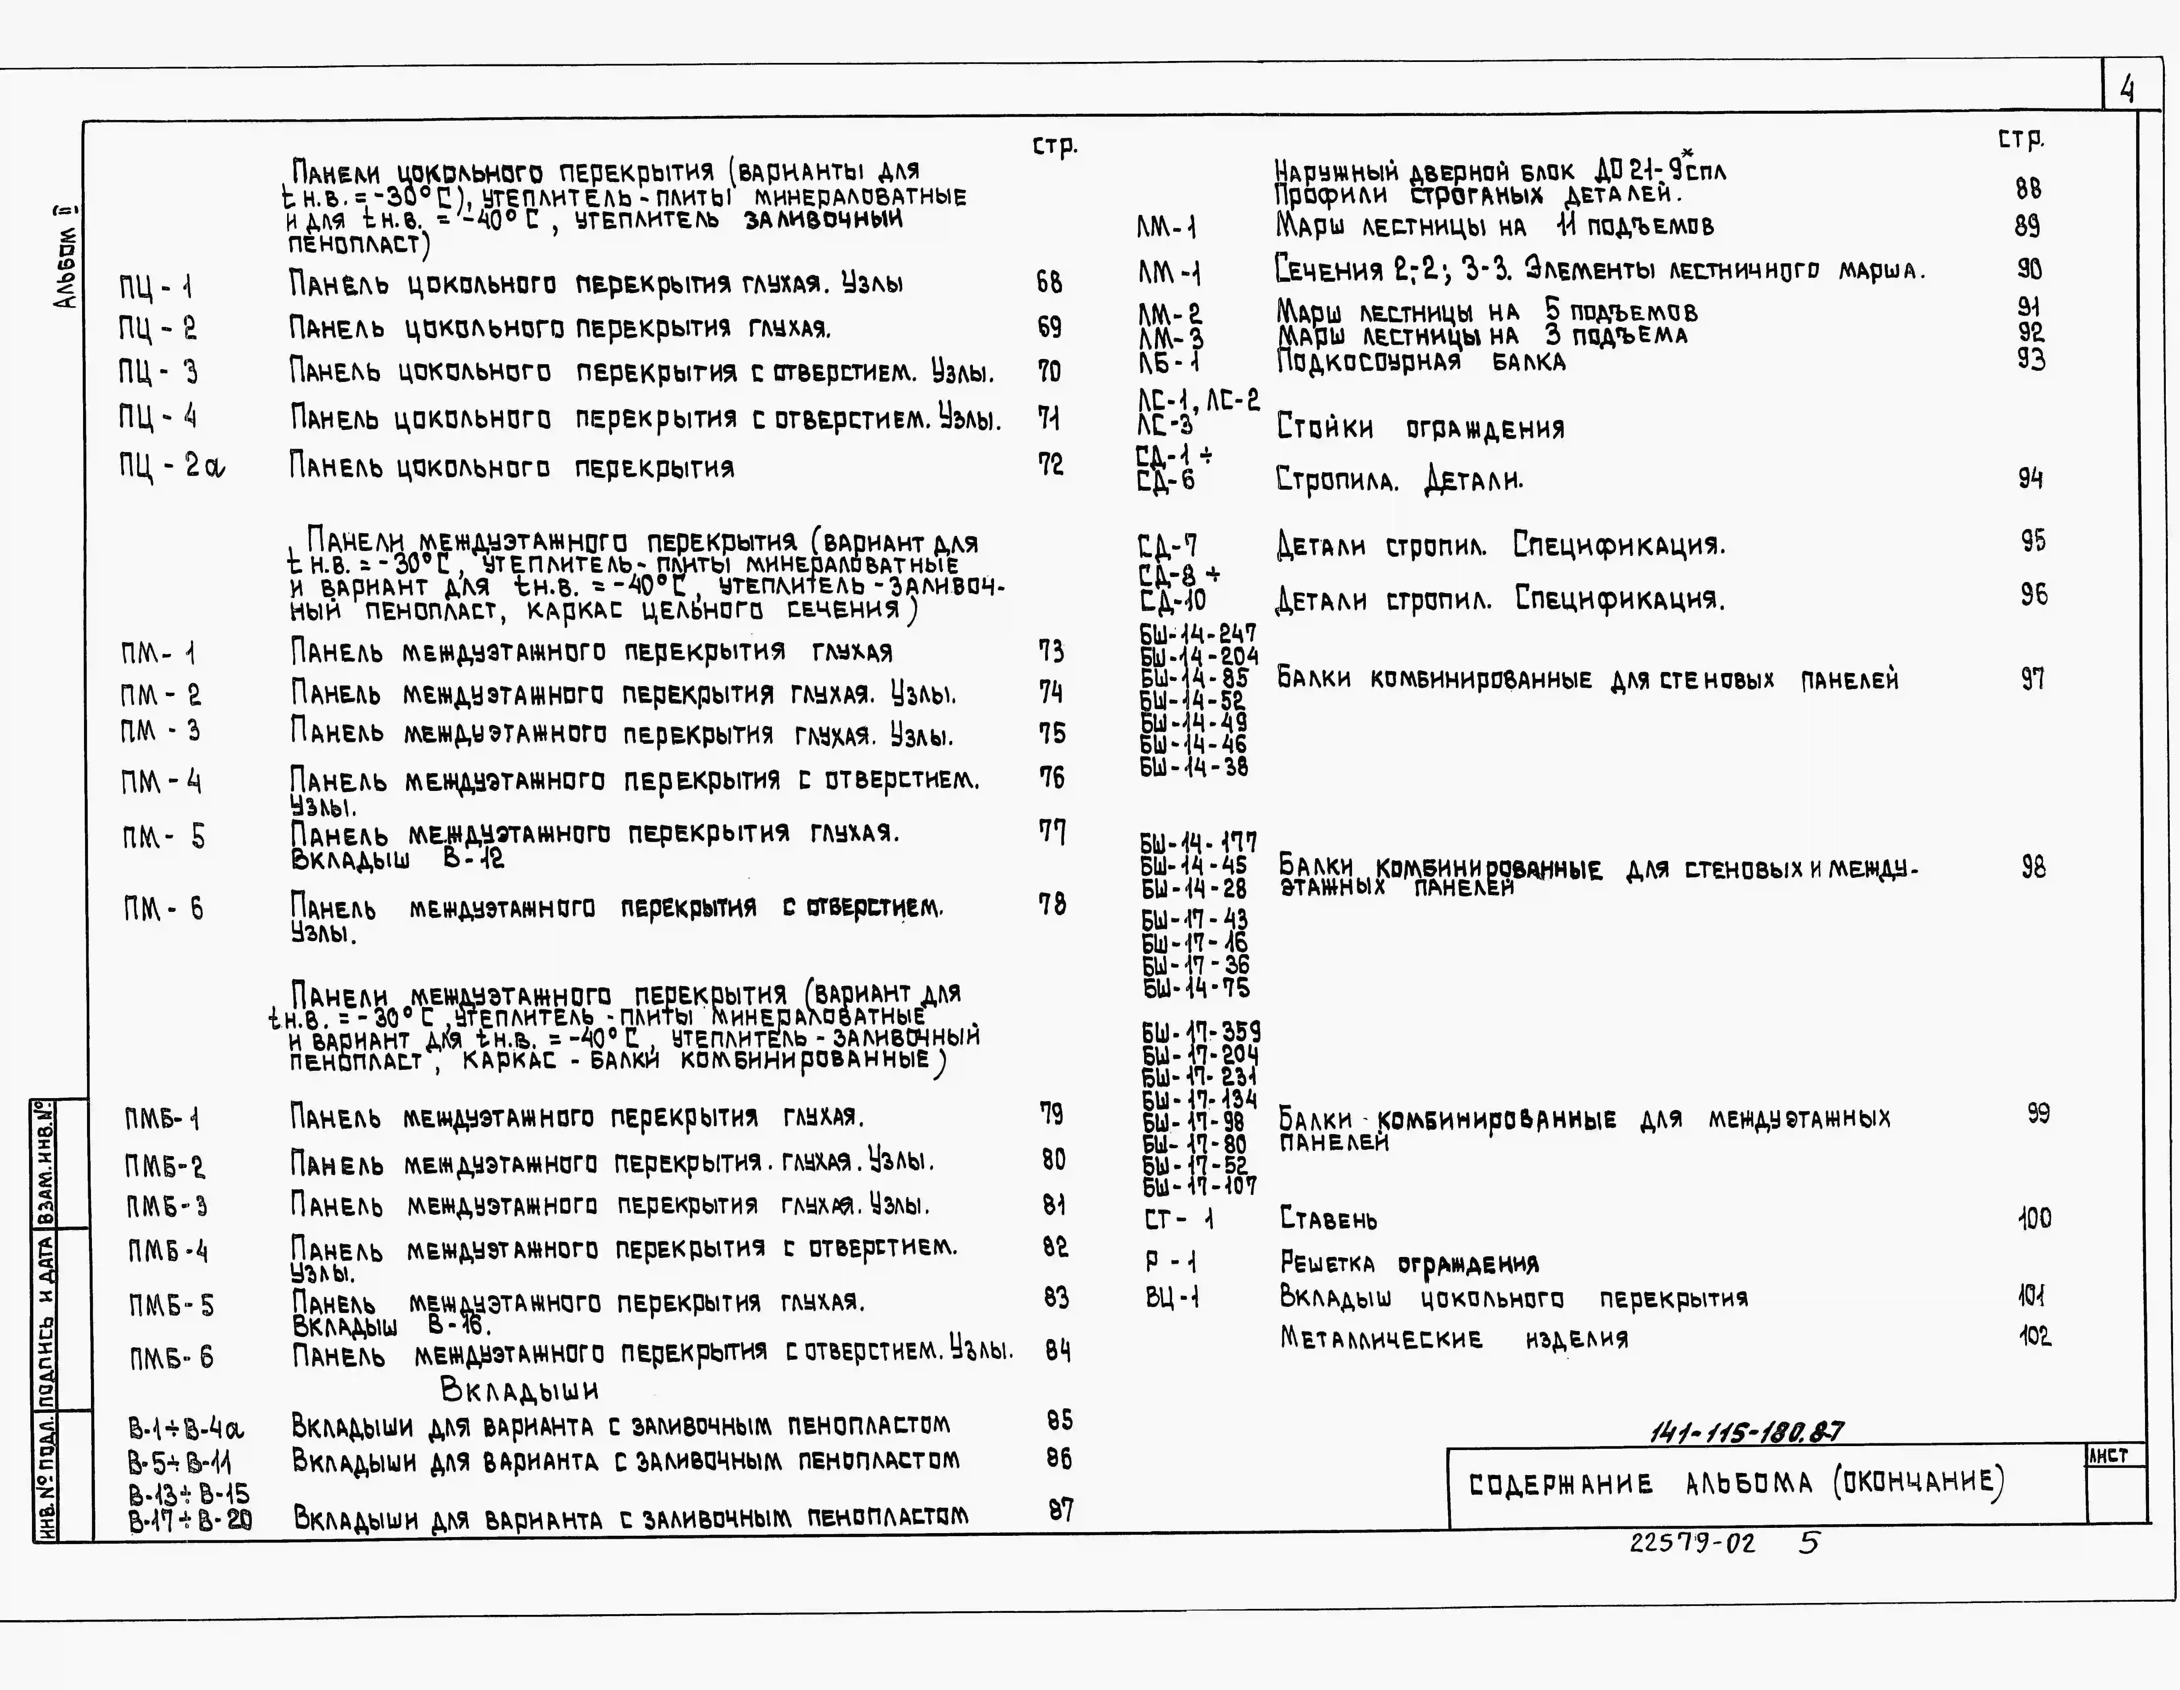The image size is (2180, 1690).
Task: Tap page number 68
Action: [1049, 282]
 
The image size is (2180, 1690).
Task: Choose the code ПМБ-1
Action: [162, 1118]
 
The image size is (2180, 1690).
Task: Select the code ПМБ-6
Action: [171, 1357]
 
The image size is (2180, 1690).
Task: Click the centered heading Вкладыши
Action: [519, 1389]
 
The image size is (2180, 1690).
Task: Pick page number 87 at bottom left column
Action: [1060, 1510]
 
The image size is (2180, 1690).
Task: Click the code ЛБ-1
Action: [1168, 361]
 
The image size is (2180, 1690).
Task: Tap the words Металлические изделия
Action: [1453, 1339]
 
